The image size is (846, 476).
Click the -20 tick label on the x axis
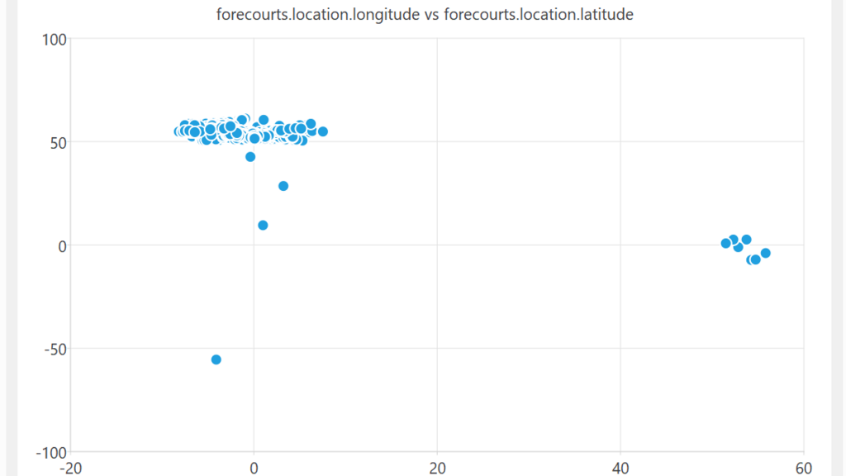71,468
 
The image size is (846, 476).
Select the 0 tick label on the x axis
254,468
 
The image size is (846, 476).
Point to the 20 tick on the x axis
437,468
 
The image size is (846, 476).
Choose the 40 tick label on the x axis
620,468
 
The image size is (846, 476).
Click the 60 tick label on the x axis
803,468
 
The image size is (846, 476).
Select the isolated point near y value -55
216,359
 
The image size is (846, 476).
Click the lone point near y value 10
263,225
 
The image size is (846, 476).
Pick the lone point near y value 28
283,186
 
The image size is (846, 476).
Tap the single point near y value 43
250,157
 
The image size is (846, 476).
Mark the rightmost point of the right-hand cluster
765,253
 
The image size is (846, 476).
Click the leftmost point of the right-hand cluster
725,244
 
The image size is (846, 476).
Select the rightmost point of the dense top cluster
323,131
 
